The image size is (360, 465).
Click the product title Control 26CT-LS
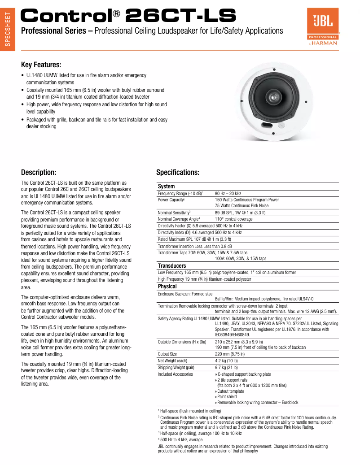click(x=128, y=16)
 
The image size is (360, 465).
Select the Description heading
click(x=39, y=172)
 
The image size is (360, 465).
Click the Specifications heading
click(x=178, y=172)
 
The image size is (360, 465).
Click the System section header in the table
click(x=166, y=187)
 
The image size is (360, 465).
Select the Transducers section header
click(x=171, y=266)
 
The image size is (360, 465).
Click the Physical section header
click(x=167, y=286)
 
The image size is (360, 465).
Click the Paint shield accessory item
click(x=226, y=396)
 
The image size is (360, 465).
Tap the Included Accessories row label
click(x=175, y=374)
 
